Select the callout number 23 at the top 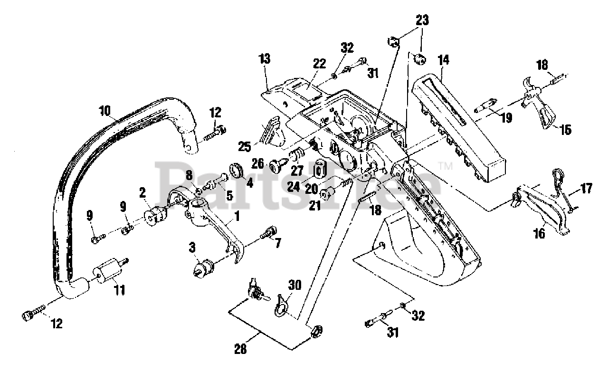pyautogui.click(x=422, y=20)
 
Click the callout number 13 pyautogui.click(x=265, y=59)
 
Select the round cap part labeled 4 pyautogui.click(x=236, y=170)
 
